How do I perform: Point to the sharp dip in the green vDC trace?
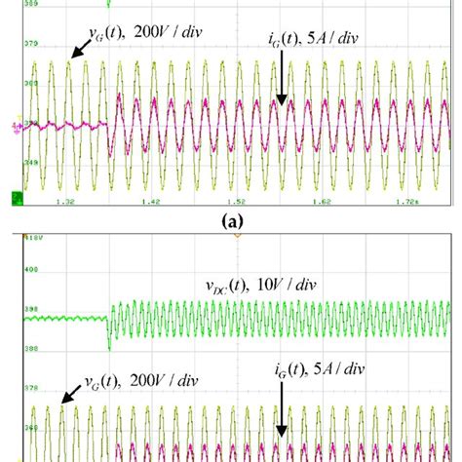click(x=108, y=343)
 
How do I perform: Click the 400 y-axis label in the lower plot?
click(x=29, y=269)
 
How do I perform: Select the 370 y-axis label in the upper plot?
click(x=29, y=45)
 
